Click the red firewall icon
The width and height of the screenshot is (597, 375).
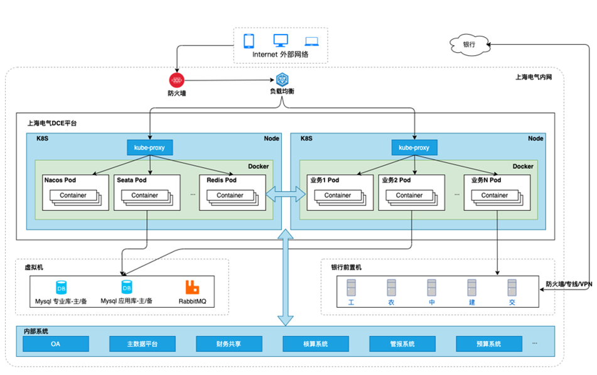coord(176,80)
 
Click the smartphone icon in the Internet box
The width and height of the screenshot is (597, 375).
coord(249,41)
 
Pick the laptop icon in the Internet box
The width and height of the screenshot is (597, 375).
coord(311,41)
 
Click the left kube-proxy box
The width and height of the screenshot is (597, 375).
coord(149,148)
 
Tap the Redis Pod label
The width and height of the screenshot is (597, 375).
coord(222,180)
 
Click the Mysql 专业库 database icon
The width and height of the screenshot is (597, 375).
coord(61,288)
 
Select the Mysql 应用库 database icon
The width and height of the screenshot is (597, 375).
coord(127,288)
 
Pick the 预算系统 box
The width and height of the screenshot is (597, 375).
coord(488,344)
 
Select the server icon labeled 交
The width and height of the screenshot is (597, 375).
coord(512,288)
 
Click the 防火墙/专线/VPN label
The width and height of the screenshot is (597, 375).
coord(569,285)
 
